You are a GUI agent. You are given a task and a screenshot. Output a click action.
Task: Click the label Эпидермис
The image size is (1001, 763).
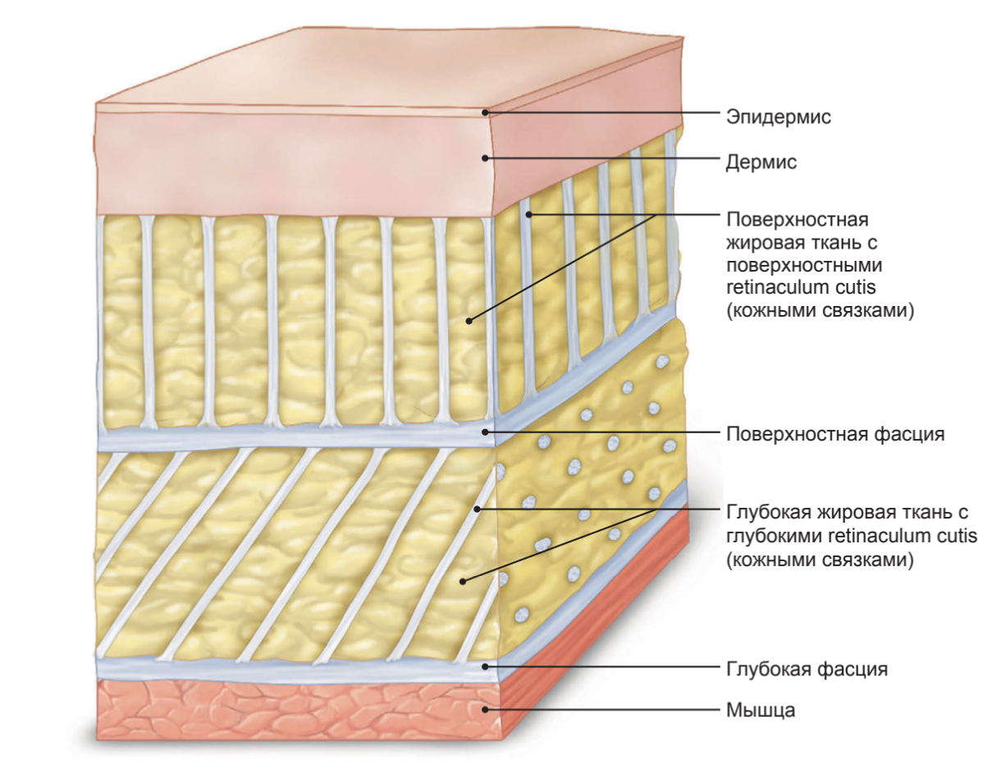[x=778, y=117]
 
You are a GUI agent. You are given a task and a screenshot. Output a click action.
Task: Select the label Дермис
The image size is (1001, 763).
[x=761, y=162]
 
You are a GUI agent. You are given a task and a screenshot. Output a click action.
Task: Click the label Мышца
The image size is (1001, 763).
[x=761, y=710]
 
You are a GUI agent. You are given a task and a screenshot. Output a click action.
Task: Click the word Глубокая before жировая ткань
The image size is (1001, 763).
[x=766, y=514]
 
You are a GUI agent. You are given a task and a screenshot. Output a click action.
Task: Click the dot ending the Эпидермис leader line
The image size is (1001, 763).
[x=486, y=112]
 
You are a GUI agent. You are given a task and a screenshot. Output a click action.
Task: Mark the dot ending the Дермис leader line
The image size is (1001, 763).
[x=486, y=158]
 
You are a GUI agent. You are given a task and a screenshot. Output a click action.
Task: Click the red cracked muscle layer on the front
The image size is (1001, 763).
[x=287, y=710]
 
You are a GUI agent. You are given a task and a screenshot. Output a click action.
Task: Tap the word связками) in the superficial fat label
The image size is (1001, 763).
[x=872, y=312]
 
